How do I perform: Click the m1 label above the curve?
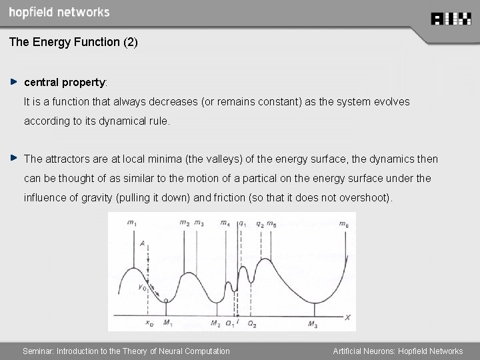pyautogui.click(x=132, y=223)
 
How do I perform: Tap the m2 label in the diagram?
pyautogui.click(x=183, y=223)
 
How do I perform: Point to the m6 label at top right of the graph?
pyautogui.click(x=343, y=223)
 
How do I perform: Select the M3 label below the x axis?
pyautogui.click(x=313, y=325)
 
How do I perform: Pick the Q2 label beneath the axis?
pyautogui.click(x=251, y=325)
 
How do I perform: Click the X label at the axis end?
pyautogui.click(x=348, y=317)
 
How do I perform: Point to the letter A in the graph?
pyautogui.click(x=142, y=245)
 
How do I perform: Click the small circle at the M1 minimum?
pyautogui.click(x=166, y=301)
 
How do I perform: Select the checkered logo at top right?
pyautogui.click(x=452, y=19)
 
